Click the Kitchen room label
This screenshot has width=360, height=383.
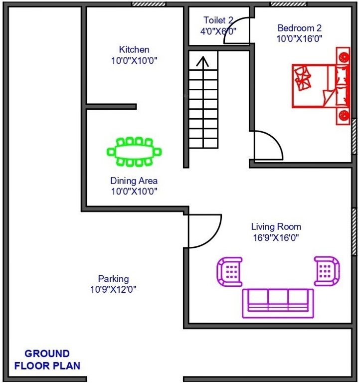point(134,50)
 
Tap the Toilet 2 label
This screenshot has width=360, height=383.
point(218,20)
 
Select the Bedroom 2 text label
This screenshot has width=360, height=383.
point(300,28)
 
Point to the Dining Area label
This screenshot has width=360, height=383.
point(134,181)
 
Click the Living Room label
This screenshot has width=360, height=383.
point(276,227)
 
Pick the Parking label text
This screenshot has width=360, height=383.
point(113,279)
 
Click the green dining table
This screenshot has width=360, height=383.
point(135,152)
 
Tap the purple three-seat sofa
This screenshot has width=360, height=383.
point(278,303)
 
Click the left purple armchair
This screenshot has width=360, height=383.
point(229,271)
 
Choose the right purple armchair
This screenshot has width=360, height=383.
point(327,271)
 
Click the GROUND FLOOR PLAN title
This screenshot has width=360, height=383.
point(47,360)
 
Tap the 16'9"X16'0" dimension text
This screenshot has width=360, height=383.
point(276,238)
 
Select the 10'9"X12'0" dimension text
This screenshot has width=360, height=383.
point(113,289)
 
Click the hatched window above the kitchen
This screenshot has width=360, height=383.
point(149,3)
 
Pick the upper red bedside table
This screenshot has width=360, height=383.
point(344,56)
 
